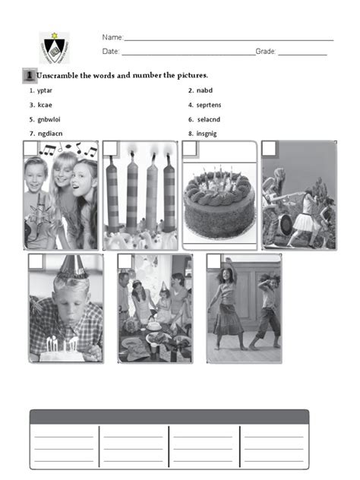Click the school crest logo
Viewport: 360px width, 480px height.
54,47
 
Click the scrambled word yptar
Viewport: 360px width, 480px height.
44,90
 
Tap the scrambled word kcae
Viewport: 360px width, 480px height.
43,105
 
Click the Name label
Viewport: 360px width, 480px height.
112,37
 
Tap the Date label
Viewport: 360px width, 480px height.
111,52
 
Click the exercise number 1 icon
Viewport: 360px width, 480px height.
28,75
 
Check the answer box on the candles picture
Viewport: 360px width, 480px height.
111,148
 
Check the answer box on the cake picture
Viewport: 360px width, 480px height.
190,148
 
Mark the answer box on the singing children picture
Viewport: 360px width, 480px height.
30,148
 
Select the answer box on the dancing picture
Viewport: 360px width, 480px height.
213,261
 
